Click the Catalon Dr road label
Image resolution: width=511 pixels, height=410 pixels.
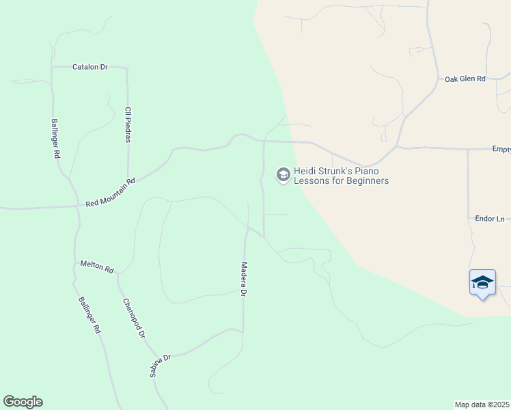(x=90, y=67)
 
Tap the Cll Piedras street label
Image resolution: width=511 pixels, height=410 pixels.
(x=127, y=124)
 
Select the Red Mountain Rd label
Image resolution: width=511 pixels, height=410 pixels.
(x=111, y=193)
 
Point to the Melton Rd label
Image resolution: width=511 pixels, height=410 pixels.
(x=96, y=266)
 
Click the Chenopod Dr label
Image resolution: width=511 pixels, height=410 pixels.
(x=134, y=318)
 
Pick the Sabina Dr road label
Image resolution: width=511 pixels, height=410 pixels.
(x=159, y=366)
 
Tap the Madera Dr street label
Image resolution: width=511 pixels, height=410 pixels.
(x=244, y=279)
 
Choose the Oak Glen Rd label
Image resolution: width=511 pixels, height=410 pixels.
(x=465, y=79)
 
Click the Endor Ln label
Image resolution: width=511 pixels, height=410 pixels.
(x=489, y=219)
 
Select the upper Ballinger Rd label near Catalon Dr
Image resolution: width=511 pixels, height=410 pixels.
(x=55, y=139)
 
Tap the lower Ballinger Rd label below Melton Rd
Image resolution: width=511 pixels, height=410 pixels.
(x=89, y=314)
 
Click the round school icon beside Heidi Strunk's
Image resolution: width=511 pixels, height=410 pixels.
(x=282, y=176)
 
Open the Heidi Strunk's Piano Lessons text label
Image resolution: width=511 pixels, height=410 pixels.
(x=341, y=176)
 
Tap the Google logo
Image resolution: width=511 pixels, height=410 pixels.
(x=23, y=402)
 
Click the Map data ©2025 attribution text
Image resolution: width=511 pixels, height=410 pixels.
(x=482, y=405)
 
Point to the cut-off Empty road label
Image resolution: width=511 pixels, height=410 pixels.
(x=501, y=148)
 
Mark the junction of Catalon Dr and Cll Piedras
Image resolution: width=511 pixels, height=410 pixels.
(x=127, y=68)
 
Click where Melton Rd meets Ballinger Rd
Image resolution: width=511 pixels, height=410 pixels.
(x=75, y=262)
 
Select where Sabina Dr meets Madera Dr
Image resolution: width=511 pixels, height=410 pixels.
(x=243, y=331)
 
